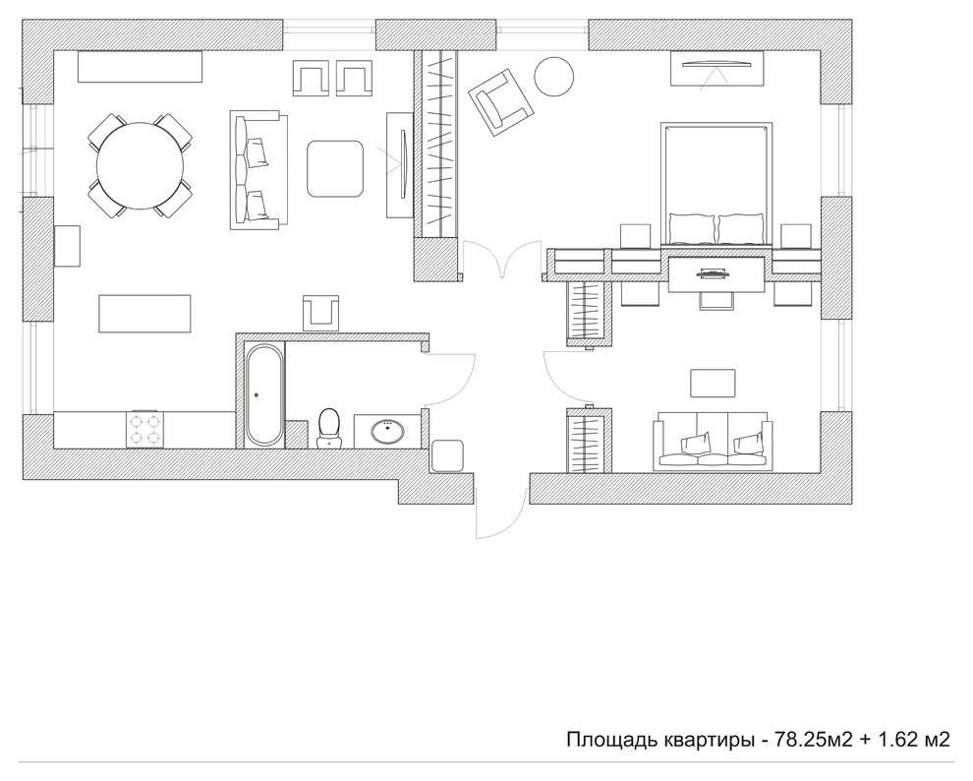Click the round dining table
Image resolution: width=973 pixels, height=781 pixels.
point(140,165)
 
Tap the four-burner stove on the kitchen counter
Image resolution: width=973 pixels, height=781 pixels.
point(144,429)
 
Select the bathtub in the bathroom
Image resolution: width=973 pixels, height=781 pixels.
point(265,394)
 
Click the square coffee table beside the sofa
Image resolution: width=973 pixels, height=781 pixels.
point(335,169)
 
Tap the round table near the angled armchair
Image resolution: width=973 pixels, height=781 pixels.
point(554,77)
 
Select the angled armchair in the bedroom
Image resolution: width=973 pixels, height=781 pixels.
point(501,102)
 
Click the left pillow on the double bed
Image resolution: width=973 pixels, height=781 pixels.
point(692,228)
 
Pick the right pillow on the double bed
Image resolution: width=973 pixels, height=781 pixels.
point(740,228)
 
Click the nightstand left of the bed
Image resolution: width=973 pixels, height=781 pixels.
point(636,236)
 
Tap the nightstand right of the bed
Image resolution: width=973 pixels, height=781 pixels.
point(796,236)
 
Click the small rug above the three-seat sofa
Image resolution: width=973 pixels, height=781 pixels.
point(713,383)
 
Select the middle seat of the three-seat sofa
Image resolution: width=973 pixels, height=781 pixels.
point(713,442)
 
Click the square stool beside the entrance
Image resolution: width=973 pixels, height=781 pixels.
point(447,455)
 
